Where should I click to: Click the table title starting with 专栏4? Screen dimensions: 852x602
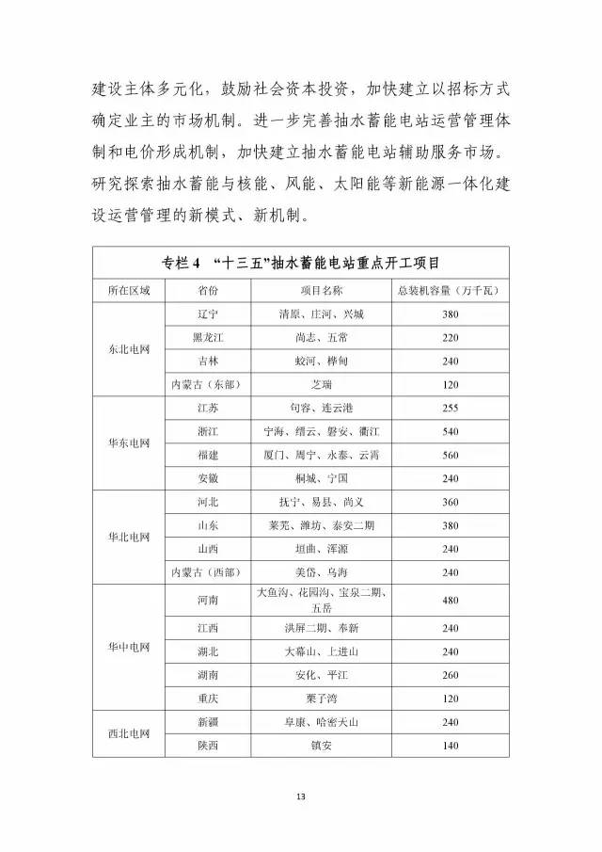tap(301, 261)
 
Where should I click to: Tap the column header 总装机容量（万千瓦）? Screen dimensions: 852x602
tap(449, 290)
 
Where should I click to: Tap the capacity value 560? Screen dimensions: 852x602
tap(449, 454)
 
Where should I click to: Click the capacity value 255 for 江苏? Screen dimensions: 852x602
tap(449, 408)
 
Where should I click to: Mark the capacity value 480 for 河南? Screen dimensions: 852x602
tap(449, 600)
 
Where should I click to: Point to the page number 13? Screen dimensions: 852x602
tap(301, 798)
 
